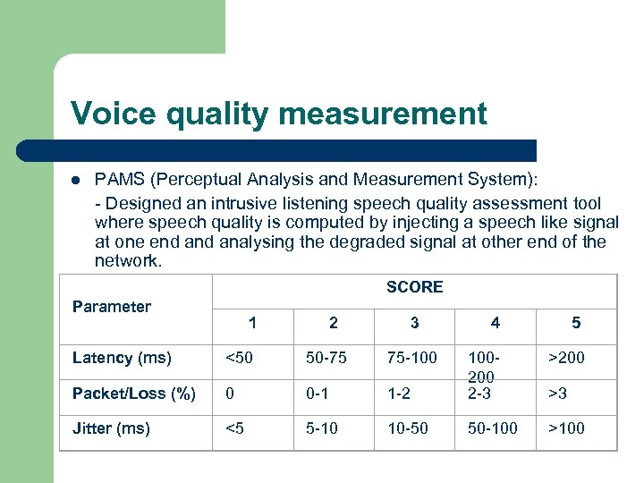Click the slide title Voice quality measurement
pos(279,114)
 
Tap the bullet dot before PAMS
pos(77,179)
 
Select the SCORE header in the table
pos(414,287)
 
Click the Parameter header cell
pos(112,307)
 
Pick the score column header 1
pos(253,323)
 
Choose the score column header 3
pos(414,323)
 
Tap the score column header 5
pos(576,323)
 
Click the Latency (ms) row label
pos(122,358)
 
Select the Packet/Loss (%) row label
pos(134,394)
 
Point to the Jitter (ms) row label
pos(111,428)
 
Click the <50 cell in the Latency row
pos(239,358)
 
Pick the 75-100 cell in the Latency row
pos(412,358)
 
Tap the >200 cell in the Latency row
pos(566,358)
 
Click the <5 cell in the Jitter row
pos(235,428)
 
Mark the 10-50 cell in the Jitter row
pos(407,428)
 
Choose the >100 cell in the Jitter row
pos(566,428)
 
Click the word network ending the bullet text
pos(127,261)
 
